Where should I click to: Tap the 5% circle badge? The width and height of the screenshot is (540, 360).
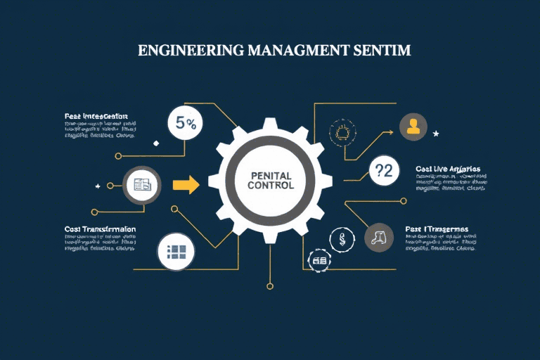tap(186, 123)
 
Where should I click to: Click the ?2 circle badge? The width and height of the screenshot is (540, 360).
tap(384, 169)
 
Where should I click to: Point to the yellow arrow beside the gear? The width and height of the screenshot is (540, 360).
tap(186, 185)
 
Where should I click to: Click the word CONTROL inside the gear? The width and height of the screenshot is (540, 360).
tap(271, 186)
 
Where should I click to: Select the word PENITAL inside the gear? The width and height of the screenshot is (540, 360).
tap(271, 173)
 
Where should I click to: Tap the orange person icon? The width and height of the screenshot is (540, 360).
tap(413, 127)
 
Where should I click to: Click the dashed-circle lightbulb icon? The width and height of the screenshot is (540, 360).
tap(343, 132)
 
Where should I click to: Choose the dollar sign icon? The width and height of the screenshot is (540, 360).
tap(342, 238)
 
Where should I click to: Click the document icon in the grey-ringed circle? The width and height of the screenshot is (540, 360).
tap(142, 185)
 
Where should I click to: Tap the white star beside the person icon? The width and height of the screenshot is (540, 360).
tap(436, 133)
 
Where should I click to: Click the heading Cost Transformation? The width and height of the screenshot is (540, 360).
tap(100, 229)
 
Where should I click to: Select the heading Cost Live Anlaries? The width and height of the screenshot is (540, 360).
tap(448, 169)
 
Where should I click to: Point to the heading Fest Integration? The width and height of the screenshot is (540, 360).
tap(96, 115)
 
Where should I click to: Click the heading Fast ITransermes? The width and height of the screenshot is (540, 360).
tap(437, 229)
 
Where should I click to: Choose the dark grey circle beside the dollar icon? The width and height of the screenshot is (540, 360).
tap(379, 238)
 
